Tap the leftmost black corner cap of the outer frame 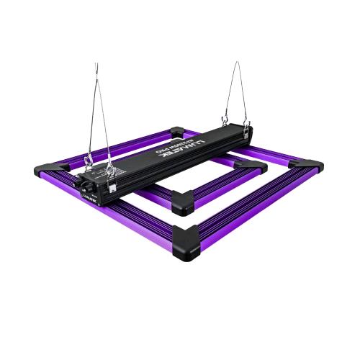45,171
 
